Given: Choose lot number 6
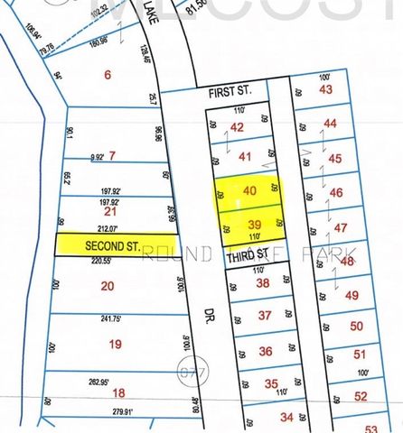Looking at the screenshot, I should [x=108, y=75].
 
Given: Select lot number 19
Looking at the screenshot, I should [x=115, y=344].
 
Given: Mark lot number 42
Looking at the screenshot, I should [x=238, y=128].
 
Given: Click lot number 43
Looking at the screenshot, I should [x=326, y=89].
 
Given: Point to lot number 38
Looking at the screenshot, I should [x=263, y=283].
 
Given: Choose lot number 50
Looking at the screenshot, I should [x=357, y=326].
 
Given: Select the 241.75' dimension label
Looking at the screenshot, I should [x=112, y=318].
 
